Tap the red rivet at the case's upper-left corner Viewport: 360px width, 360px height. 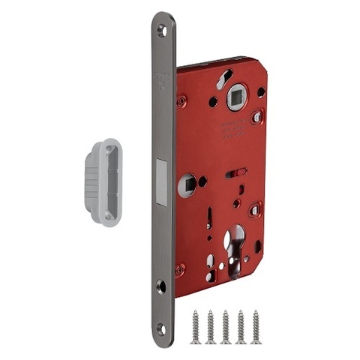pyautogui.click(x=181, y=100)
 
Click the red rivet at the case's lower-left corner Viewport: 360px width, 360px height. pyautogui.click(x=181, y=268)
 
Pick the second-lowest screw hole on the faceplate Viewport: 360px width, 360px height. pyautogui.click(x=163, y=286)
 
